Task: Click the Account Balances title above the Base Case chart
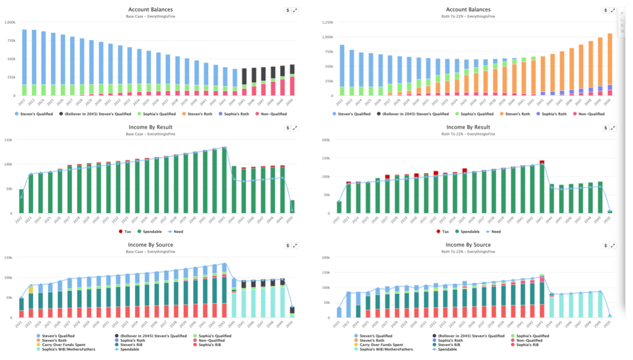click(x=150, y=10)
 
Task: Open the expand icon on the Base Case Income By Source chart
click(x=295, y=246)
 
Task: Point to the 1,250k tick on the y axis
click(x=327, y=22)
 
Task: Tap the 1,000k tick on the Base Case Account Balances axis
click(x=9, y=22)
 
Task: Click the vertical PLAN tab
click(x=624, y=23)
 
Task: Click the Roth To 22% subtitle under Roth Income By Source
click(x=467, y=252)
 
